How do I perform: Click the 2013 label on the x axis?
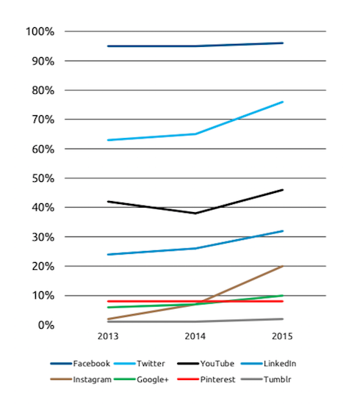[108, 336]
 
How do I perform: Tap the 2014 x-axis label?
[195, 336]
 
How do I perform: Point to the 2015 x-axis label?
[282, 336]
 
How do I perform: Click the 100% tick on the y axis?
[40, 32]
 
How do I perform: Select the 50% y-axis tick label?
[43, 179]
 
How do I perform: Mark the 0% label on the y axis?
[46, 325]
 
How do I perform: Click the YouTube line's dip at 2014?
[195, 214]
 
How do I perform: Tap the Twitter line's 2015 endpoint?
[283, 102]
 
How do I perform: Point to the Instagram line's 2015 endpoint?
[283, 266]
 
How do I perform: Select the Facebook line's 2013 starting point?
[108, 46]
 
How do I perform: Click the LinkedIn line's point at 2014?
[195, 249]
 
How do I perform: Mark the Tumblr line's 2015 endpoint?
[283, 319]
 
